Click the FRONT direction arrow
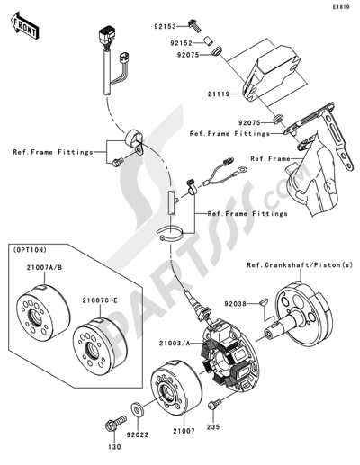click(24, 25)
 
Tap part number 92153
click(166, 27)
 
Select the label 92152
click(182, 43)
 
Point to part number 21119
click(219, 94)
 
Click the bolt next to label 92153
click(194, 25)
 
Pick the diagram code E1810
click(341, 7)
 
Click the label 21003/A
click(175, 344)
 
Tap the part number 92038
click(236, 304)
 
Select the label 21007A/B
click(44, 267)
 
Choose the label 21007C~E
click(100, 300)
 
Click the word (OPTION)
click(29, 249)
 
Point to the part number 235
click(213, 426)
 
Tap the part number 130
click(114, 447)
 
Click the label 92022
click(138, 434)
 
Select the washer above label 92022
click(137, 409)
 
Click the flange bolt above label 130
click(115, 423)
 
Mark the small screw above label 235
click(214, 404)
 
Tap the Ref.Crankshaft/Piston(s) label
click(300, 265)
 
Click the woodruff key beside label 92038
click(263, 303)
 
